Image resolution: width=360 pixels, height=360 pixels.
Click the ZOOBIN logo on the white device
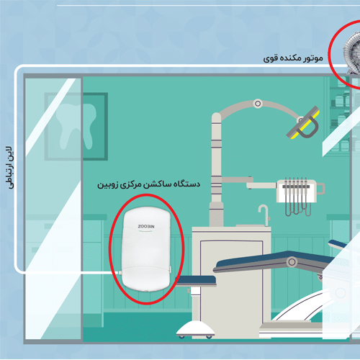point(146,226)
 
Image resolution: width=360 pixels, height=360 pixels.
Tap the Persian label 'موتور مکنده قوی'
point(293,58)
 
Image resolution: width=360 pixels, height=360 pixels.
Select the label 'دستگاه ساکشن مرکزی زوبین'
point(148,184)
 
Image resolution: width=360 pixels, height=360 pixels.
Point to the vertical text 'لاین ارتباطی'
point(10,167)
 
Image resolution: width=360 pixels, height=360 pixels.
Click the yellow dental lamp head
point(304,122)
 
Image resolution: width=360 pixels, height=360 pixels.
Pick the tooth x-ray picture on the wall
point(76,127)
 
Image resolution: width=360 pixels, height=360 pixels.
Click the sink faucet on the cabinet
point(264,215)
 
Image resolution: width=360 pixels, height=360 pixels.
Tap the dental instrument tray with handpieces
point(296,191)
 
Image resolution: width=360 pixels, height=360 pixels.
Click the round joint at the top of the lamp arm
point(258,104)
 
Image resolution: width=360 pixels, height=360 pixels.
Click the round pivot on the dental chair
point(292,261)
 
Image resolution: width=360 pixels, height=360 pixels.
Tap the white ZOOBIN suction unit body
point(146,249)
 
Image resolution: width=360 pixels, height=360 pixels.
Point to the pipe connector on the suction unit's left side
point(120,273)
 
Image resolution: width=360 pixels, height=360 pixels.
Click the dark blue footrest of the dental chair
point(196,281)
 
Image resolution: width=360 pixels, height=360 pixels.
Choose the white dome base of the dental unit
point(195,329)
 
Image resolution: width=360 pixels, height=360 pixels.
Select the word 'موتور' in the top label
point(312,58)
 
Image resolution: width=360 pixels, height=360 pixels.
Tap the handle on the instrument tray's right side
point(321,189)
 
